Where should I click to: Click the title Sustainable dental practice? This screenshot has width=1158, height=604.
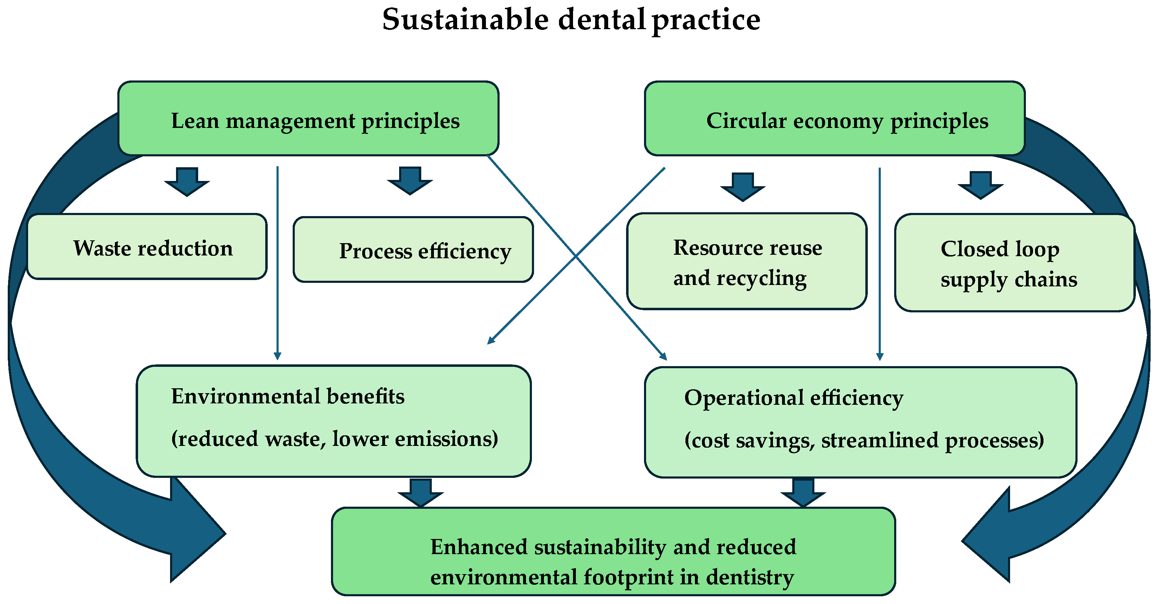pyautogui.click(x=571, y=20)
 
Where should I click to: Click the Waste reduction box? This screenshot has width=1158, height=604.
pyautogui.click(x=147, y=247)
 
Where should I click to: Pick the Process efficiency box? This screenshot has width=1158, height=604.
pyautogui.click(x=413, y=250)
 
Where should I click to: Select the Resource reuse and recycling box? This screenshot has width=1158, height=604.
pyautogui.click(x=747, y=262)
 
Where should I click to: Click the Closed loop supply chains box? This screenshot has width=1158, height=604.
pyautogui.click(x=1014, y=263)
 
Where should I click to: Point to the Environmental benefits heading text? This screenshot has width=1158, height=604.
pyautogui.click(x=288, y=397)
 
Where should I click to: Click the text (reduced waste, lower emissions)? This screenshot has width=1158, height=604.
pyautogui.click(x=334, y=439)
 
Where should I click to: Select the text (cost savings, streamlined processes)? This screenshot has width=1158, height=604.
pyautogui.click(x=864, y=440)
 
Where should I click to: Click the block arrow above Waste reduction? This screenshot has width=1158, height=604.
pyautogui.click(x=187, y=182)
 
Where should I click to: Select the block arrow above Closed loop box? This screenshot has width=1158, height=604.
pyautogui.click(x=981, y=185)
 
